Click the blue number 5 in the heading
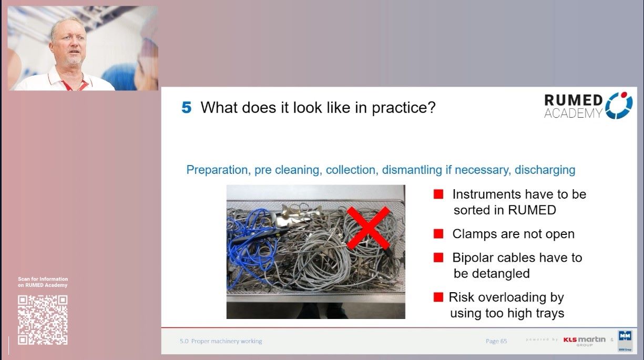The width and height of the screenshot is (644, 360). tap(187, 108)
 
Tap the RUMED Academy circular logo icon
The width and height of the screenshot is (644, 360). tap(619, 105)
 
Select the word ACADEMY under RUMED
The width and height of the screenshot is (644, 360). tap(573, 113)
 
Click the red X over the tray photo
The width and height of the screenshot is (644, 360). tap(368, 228)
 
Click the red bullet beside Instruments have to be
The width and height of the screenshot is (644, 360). tap(438, 195)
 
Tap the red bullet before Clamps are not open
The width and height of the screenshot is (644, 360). tap(438, 234)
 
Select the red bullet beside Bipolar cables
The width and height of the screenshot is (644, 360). tap(438, 258)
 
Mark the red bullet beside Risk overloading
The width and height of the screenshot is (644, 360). tap(438, 297)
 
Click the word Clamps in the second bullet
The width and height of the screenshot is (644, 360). tap(473, 234)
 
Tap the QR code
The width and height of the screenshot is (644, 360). tap(43, 320)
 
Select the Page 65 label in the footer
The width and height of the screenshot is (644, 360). tap(496, 341)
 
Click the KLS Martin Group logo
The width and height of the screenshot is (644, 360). tap(584, 341)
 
